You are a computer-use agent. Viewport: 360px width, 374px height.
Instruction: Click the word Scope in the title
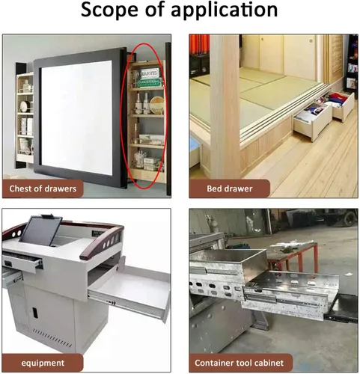109,10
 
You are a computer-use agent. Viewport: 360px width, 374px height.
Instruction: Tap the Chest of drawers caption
43,188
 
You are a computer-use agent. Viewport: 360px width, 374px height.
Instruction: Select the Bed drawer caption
230,188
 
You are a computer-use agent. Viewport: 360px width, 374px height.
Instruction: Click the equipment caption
43,363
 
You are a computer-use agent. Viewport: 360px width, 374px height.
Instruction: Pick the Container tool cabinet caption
239,363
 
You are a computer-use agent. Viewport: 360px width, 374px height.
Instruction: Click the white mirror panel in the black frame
76,117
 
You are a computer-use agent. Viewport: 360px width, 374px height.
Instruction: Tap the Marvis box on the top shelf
149,73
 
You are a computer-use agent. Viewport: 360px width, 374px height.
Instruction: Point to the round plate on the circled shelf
157,105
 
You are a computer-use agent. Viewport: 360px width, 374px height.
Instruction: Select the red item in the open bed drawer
338,96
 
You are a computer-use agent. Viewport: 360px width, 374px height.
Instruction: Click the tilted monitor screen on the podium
41,230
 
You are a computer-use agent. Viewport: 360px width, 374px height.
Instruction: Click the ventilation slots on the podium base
52,338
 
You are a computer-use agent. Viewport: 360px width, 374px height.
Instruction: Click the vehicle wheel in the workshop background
350,218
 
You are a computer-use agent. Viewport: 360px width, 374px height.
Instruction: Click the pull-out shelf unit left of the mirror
25,117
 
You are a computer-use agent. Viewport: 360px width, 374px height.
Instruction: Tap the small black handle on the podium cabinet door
34,313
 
